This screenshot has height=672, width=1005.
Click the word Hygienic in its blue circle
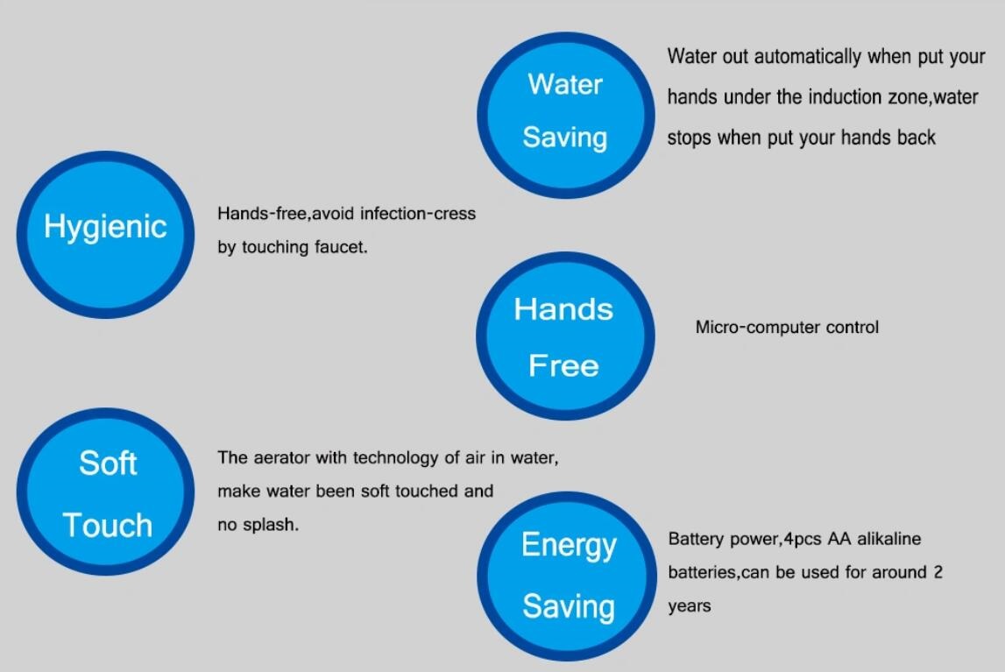pos(105,228)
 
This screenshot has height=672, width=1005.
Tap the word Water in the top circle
pos(564,85)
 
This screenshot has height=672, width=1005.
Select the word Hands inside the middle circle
pos(563,309)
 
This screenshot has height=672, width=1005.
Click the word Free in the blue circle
pos(563,365)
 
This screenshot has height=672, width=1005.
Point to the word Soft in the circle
pos(108,463)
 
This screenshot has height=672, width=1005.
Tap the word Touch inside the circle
pos(108,526)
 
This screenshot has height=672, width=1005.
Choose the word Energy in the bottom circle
pos(569,546)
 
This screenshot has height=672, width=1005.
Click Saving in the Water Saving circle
pos(564,138)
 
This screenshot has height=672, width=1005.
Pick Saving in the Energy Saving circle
pos(569,606)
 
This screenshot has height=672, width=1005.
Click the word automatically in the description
pos(808,57)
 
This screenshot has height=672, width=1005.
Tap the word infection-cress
pos(418,213)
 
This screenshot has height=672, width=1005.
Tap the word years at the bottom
pos(690,606)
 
